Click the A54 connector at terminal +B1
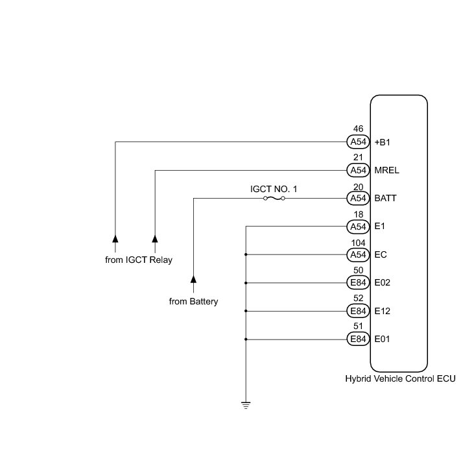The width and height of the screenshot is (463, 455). [358, 141]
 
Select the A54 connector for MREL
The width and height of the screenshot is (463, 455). [358, 170]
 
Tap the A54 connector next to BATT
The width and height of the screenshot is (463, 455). [358, 198]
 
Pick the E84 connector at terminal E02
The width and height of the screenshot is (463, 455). [358, 282]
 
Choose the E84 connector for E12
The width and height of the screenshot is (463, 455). [358, 311]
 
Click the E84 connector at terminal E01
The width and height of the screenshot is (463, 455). [358, 339]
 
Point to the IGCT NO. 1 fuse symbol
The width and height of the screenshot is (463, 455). [274, 198]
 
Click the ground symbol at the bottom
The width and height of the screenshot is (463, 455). [246, 406]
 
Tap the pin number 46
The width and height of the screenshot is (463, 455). [358, 129]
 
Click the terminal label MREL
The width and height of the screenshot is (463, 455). [387, 170]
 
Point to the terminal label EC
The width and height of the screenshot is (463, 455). [381, 254]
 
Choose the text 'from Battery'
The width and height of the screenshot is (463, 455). [193, 301]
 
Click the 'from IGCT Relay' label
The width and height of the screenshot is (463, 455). [143, 260]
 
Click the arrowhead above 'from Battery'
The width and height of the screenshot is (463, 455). [193, 280]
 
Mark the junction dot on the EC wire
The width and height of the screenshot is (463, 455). [246, 254]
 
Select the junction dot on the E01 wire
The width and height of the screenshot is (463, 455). [246, 339]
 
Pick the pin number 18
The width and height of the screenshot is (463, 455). [358, 214]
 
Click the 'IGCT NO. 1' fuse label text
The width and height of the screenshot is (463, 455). [274, 188]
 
